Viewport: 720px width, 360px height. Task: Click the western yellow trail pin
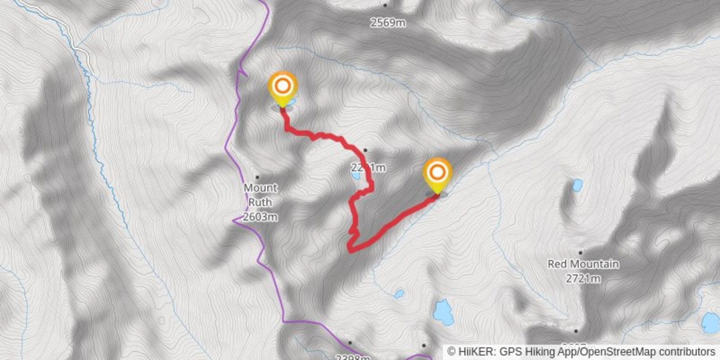(x=283, y=88)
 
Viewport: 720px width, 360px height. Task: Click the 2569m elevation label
(x=388, y=23)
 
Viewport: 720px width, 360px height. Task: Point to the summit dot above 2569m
(x=385, y=5)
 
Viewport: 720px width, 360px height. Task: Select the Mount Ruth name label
(x=260, y=195)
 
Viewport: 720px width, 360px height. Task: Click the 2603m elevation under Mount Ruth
(x=260, y=217)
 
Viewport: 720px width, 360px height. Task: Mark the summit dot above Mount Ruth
(x=257, y=177)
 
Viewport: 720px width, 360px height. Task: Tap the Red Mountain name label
(x=583, y=264)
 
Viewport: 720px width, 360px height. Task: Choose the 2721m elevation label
(x=583, y=279)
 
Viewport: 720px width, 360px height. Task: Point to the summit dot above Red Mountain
(x=580, y=252)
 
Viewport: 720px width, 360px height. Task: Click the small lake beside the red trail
(x=355, y=176)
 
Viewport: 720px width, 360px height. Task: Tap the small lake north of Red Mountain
(x=577, y=185)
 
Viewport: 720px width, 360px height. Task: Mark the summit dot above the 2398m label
(x=350, y=343)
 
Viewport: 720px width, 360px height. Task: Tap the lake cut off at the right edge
(x=711, y=323)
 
